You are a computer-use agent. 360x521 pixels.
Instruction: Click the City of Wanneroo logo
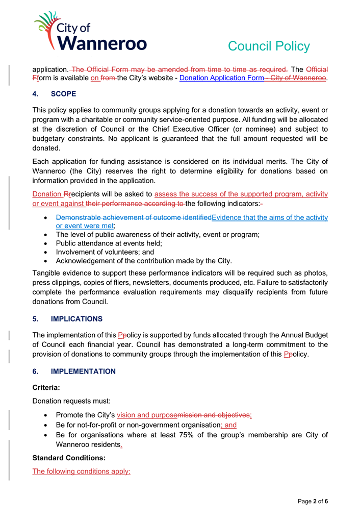point(90,32)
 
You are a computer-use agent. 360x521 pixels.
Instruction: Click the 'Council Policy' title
point(268,46)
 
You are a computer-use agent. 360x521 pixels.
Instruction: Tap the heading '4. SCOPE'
point(55,94)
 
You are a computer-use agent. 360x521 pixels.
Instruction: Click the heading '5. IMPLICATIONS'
point(67,319)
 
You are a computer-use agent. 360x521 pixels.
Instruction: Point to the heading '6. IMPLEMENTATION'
point(74,371)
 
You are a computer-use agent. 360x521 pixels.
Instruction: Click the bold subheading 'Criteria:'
point(46,388)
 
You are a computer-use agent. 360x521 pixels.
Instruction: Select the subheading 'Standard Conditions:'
point(69,458)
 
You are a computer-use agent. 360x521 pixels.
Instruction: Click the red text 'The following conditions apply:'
point(82,472)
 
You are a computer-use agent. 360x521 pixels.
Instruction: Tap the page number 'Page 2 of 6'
point(313,502)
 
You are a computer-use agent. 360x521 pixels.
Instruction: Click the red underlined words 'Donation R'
point(50,194)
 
